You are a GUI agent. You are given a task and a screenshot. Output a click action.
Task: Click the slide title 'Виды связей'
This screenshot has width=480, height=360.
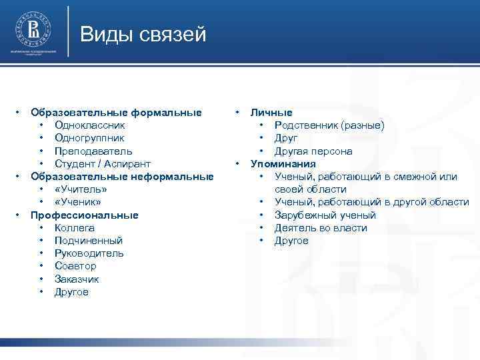143,33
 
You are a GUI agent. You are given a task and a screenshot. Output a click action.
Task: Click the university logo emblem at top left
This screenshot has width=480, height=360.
32,29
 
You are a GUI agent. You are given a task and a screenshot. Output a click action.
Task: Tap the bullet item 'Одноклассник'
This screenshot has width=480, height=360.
89,125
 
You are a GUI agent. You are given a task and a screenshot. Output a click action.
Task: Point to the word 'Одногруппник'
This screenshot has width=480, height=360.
89,138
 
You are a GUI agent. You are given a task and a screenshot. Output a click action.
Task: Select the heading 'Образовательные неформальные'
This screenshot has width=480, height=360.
122,177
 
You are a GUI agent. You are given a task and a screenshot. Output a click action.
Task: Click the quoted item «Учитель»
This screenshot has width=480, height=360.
81,189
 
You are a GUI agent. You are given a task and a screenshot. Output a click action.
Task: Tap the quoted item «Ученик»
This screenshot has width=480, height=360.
78,202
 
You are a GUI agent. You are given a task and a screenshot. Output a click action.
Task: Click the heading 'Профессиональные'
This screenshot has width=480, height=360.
85,215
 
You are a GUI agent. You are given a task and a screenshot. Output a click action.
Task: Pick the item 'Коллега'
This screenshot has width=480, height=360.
75,228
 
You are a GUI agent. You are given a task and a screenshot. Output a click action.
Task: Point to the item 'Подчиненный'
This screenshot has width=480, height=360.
89,241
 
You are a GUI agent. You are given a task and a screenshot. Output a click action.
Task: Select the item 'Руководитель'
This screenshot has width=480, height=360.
89,253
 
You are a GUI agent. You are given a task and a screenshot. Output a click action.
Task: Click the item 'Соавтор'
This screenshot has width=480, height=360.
75,266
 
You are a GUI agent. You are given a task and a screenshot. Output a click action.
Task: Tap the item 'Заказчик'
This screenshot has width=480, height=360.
77,279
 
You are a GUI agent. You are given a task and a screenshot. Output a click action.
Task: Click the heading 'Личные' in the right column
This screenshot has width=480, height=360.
271,113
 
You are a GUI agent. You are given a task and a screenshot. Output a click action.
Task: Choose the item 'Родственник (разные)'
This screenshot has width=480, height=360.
329,125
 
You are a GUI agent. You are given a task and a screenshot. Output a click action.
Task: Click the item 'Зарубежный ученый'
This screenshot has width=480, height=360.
325,215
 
